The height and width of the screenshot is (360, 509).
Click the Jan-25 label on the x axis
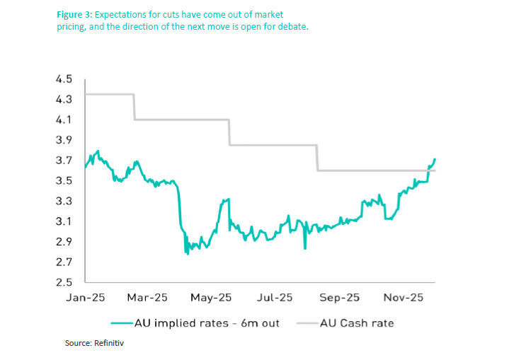pos(86,298)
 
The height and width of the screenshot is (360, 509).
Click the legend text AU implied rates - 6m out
pos(207,323)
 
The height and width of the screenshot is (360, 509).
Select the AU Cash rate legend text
pos(357,323)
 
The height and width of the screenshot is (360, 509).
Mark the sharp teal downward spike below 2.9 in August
pos(305,248)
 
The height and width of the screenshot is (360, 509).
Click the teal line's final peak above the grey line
pos(435,159)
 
